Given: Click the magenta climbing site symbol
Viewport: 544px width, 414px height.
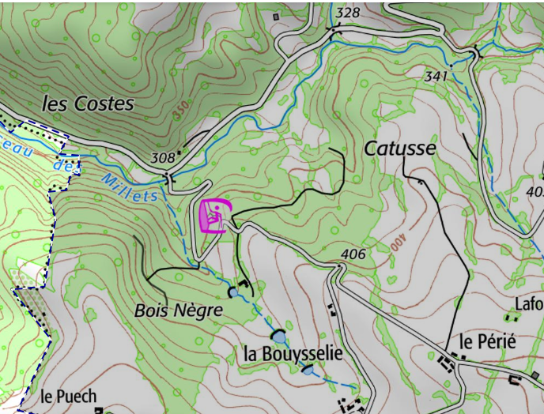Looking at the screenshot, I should [215, 216].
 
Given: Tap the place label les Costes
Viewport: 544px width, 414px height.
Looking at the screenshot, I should [88, 103].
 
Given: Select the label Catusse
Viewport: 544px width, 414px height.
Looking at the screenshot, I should [399, 148].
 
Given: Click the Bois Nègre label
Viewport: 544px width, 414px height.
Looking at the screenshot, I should [178, 310].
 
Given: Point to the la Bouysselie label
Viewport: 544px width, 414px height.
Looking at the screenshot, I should [293, 354].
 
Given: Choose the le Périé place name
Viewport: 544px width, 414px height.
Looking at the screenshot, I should [487, 342].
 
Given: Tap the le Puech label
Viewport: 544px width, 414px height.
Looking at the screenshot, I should [68, 396].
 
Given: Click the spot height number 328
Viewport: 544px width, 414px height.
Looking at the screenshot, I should [347, 13].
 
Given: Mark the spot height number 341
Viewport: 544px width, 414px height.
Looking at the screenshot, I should [436, 77].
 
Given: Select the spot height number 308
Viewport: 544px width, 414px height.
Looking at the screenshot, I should [162, 158].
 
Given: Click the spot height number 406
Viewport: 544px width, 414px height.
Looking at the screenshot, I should [353, 254].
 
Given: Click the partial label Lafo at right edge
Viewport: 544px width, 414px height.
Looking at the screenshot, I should [529, 304].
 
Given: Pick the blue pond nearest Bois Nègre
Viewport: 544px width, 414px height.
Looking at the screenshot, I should [233, 292].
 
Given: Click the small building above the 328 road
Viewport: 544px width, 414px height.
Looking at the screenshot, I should [276, 16].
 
